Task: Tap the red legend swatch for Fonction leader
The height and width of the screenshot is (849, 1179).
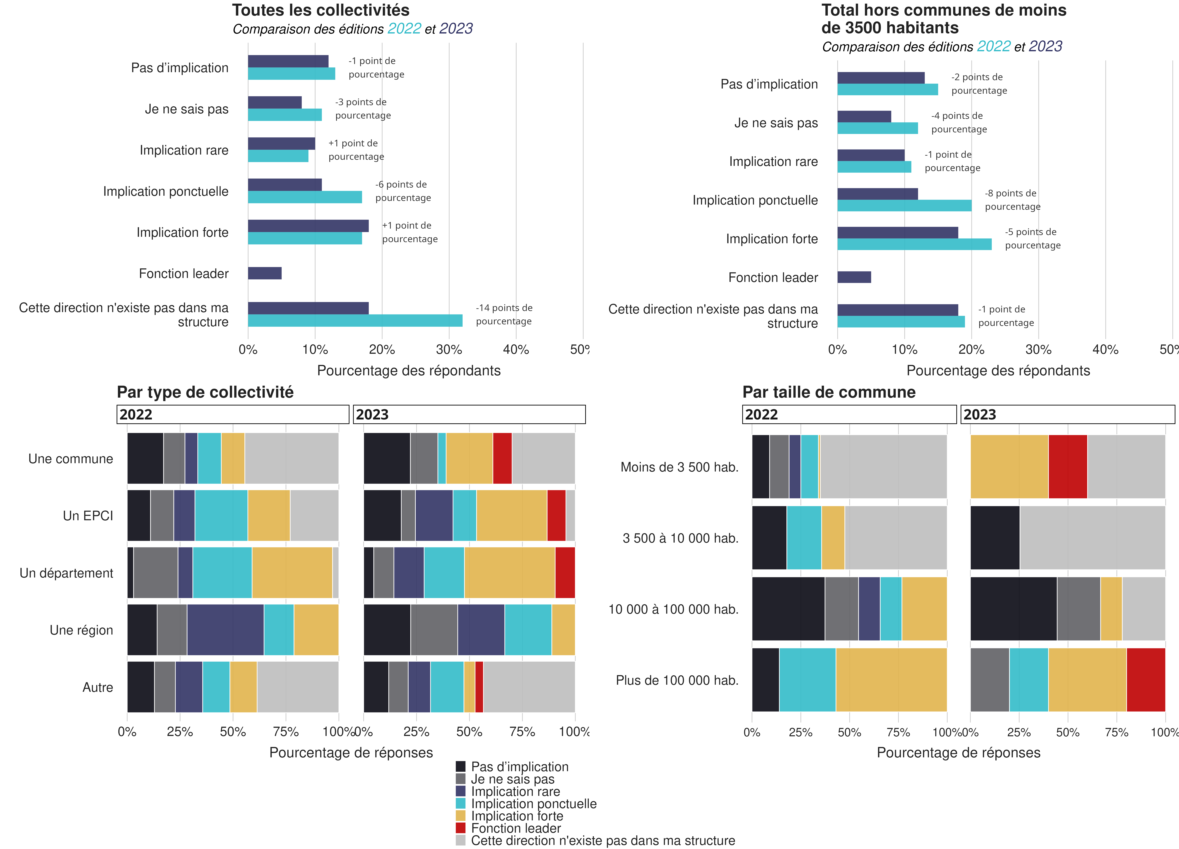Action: [x=461, y=828]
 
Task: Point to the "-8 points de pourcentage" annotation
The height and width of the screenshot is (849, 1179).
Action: [x=1012, y=200]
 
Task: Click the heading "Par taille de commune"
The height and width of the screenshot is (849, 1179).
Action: [x=829, y=392]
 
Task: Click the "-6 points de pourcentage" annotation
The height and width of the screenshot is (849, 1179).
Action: [x=403, y=191]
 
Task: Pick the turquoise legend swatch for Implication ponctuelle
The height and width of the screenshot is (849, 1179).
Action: [x=461, y=803]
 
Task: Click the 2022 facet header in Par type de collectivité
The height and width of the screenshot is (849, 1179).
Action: [x=232, y=414]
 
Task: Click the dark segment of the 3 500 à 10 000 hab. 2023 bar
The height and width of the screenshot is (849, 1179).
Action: [x=994, y=538]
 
